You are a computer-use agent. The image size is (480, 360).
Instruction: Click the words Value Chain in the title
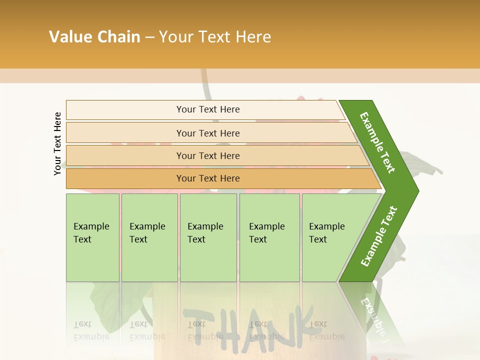pyautogui.click(x=94, y=37)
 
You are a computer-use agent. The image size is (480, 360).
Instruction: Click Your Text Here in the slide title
pyautogui.click(x=215, y=37)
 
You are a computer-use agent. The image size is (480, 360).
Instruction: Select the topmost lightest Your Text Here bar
pyautogui.click(x=208, y=109)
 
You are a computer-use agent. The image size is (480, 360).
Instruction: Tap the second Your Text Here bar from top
pyautogui.click(x=208, y=133)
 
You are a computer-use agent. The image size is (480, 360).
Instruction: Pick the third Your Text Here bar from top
pyautogui.click(x=208, y=155)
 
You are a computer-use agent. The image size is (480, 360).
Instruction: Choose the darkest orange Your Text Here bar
pyautogui.click(x=208, y=178)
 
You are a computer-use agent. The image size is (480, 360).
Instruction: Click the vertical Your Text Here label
pyautogui.click(x=57, y=143)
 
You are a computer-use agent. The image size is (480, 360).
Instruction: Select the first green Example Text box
pyautogui.click(x=92, y=237)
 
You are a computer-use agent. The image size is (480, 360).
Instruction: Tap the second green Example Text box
pyautogui.click(x=149, y=237)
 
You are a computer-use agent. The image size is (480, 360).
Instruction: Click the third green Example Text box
pyautogui.click(x=208, y=237)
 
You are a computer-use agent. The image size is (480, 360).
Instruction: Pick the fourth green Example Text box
pyautogui.click(x=269, y=237)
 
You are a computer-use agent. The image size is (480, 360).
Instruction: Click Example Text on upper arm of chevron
pyautogui.click(x=378, y=142)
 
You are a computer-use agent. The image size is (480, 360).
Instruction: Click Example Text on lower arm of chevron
pyautogui.click(x=378, y=236)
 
